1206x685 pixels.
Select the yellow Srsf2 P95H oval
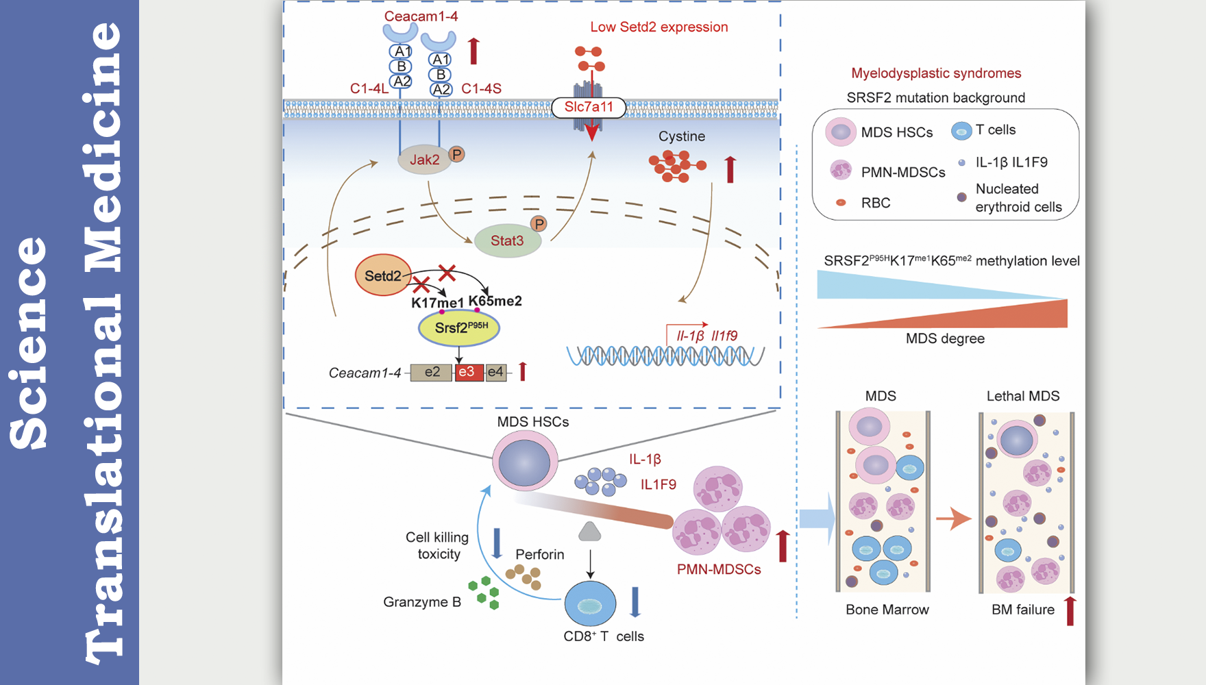pos(459,328)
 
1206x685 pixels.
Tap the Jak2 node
pos(424,160)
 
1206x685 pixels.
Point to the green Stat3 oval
pos(507,241)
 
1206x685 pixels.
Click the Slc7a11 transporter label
pos(589,107)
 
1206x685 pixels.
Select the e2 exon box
pos(432,372)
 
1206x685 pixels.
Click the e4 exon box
pos(495,372)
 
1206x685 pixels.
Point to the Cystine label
pos(682,136)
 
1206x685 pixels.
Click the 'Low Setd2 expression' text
pos(659,27)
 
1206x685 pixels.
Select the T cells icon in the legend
pos(961,131)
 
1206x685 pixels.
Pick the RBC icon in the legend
pos(841,203)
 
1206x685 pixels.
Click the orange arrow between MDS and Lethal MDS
pos(953,519)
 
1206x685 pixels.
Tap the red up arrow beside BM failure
pos(1070,610)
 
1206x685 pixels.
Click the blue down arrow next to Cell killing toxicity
pos(497,543)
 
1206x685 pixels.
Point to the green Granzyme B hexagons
pos(484,593)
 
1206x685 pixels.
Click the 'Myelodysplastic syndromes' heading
pos(936,73)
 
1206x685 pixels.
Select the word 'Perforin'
pos(540,554)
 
